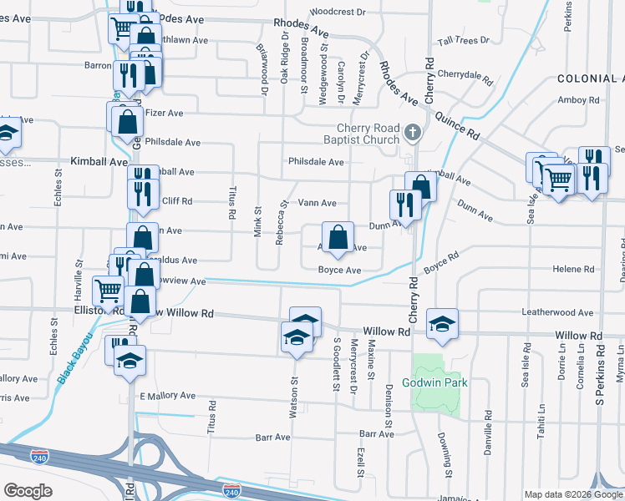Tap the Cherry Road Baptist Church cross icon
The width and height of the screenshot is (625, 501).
coord(412,132)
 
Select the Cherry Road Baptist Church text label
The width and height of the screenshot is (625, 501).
coord(362,134)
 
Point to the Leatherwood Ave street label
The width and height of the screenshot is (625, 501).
coord(557,312)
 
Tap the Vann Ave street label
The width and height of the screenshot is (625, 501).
coord(318,203)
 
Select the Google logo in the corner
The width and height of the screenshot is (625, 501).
coord(28,491)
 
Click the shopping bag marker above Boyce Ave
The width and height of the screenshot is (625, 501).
coord(338,238)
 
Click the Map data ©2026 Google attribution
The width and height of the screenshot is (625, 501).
coord(573,494)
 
